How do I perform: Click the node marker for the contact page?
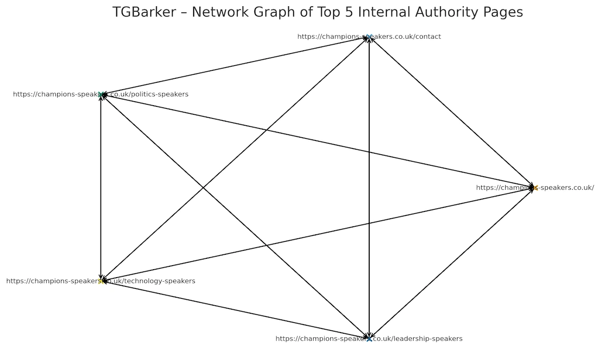pyautogui.click(x=370, y=37)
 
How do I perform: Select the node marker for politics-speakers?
pyautogui.click(x=101, y=94)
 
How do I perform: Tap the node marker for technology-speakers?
pyautogui.click(x=101, y=281)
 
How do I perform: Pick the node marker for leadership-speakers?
pyautogui.click(x=369, y=339)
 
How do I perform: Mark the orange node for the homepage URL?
pyautogui.click(x=534, y=187)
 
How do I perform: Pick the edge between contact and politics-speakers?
pyautogui.click(x=235, y=65)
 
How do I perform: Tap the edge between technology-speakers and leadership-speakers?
pyautogui.click(x=235, y=310)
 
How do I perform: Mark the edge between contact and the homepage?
pyautogui.click(x=452, y=112)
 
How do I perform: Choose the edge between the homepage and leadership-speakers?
pyautogui.click(x=452, y=263)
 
